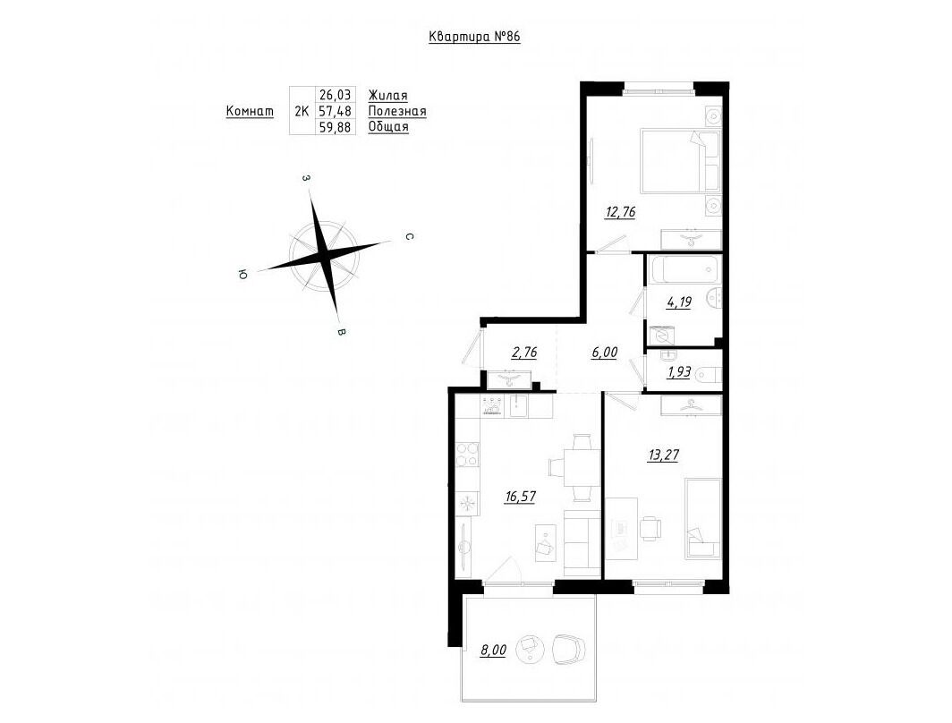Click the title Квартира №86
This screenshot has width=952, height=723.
coord(474,37)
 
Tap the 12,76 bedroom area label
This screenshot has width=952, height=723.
coord(620,212)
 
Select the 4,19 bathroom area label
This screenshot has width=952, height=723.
coord(679,302)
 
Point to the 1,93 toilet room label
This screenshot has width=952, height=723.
coord(679,372)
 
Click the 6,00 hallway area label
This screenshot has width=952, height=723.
coord(604,353)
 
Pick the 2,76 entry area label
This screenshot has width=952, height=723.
coord(523,353)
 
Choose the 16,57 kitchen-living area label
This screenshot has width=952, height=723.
coord(521,497)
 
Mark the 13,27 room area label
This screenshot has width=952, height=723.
coord(662,455)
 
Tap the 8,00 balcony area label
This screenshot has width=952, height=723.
coord(493,651)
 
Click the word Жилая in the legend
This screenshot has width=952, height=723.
coord(388,96)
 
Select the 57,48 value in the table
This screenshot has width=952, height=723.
coord(336,111)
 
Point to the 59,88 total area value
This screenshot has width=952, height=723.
coord(336,127)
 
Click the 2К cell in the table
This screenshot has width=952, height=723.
coord(302,111)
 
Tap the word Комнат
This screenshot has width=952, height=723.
coord(250,112)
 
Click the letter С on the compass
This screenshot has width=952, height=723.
coord(410,237)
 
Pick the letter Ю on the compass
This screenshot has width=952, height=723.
coord(242,275)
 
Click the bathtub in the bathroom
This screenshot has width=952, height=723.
coord(683,269)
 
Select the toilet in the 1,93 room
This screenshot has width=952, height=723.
coord(708,372)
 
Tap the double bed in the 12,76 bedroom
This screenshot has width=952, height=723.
coord(680,160)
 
